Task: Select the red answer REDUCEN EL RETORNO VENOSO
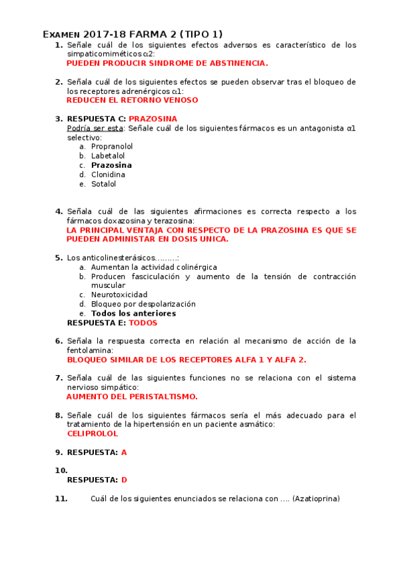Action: pos(133,101)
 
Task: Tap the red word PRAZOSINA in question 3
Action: pos(153,119)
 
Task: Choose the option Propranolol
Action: pos(112,146)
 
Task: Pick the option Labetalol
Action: pos(108,155)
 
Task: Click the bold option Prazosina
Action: pos(111,165)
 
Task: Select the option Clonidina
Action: pos(108,175)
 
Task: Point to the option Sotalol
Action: pos(103,184)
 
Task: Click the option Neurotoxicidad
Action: pos(119,294)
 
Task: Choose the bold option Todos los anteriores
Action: pos(133,313)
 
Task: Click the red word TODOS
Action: pos(143,322)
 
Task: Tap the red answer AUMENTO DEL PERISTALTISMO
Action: pos(133,396)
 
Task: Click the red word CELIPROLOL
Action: pos(93,433)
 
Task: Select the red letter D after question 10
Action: pos(124,480)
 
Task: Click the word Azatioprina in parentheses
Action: pos(316,498)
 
